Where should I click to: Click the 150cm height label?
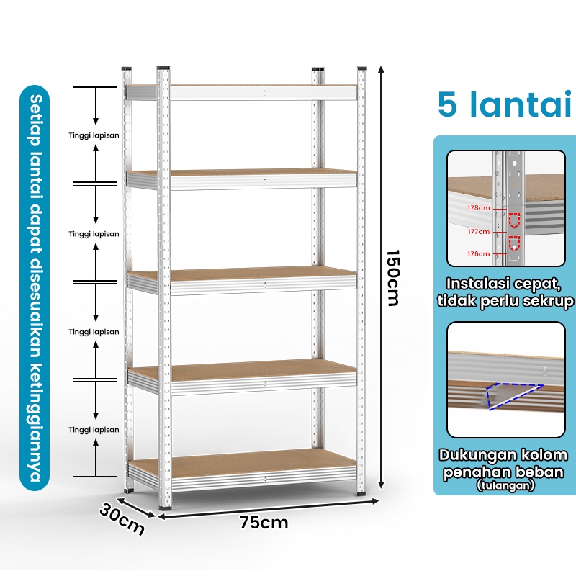coord(393,278)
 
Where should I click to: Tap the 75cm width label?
coord(264,523)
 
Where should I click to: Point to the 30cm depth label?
coord(122,519)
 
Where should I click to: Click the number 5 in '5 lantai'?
coord(447,104)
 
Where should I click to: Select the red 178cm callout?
coord(478,208)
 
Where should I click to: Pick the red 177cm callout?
coord(478,231)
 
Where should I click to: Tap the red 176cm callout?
coord(478,254)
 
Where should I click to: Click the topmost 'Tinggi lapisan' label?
coord(94,135)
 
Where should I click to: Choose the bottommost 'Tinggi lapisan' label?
coord(94,430)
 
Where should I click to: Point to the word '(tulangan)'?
coord(505,485)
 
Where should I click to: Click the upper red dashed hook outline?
coord(514,220)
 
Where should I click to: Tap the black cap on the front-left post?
coord(163,68)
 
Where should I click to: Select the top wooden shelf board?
coord(240,86)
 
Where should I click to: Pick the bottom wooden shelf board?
coord(243,464)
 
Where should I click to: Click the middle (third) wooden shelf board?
coord(243,274)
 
